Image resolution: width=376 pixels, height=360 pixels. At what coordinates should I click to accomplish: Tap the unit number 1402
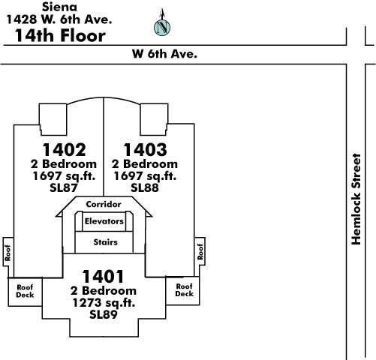[x=64, y=150]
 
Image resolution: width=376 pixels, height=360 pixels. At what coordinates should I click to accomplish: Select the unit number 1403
[x=145, y=150]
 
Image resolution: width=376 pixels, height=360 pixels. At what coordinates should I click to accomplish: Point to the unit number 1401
[x=103, y=277]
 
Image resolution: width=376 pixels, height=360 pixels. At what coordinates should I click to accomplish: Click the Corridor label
[x=104, y=204]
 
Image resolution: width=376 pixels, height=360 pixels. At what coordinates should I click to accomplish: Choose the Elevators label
[x=104, y=221]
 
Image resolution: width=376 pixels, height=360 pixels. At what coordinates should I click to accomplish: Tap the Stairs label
[x=105, y=242]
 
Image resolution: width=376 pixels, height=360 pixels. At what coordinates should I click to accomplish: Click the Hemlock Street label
[x=356, y=199]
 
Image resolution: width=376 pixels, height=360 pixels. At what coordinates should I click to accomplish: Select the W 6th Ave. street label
[x=164, y=54]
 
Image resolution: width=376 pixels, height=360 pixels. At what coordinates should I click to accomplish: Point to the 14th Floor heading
[x=60, y=35]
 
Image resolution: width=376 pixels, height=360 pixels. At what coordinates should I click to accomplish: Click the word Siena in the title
[x=59, y=7]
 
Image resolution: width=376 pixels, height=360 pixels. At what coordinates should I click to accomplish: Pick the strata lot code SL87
[x=64, y=188]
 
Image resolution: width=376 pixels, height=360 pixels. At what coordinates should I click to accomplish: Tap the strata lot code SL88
[x=145, y=188]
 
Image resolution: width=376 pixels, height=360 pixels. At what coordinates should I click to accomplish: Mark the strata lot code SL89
[x=104, y=315]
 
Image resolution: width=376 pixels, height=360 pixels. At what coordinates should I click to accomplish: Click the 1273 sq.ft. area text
[x=104, y=303]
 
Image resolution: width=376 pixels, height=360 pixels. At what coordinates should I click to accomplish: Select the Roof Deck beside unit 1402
[x=25, y=291]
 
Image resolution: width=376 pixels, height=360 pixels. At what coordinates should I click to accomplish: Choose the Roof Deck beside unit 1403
[x=185, y=290]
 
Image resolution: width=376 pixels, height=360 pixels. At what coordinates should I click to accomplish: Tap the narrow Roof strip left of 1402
[x=8, y=253]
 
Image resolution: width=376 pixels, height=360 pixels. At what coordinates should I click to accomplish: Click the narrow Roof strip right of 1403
[x=200, y=252]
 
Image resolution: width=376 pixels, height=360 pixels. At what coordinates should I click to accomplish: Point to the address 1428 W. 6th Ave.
[x=59, y=19]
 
